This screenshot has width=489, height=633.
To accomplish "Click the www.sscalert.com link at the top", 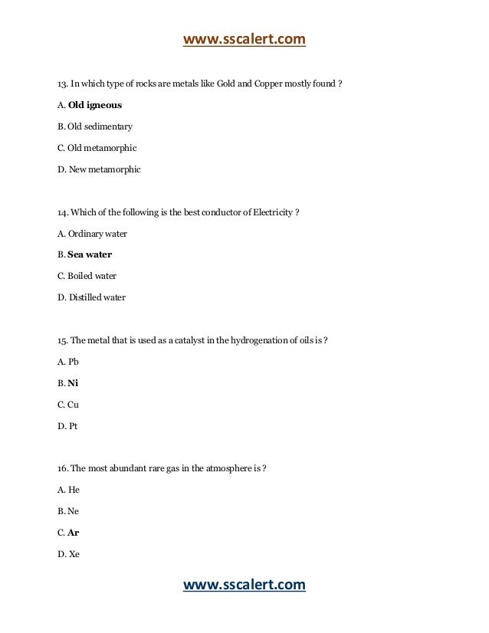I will (244, 38).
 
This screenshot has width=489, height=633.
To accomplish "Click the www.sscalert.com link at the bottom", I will (244, 585).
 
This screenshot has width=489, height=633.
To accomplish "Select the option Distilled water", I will (97, 297).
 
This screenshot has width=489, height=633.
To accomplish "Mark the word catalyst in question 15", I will (195, 340).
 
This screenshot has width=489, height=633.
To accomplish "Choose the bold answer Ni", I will (73, 382).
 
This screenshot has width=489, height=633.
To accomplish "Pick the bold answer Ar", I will (74, 533).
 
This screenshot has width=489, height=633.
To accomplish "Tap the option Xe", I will (74, 554).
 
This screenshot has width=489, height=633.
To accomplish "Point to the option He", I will (74, 490).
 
